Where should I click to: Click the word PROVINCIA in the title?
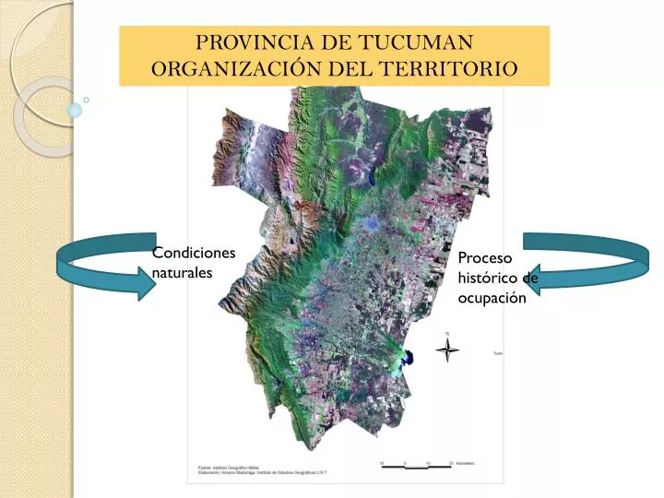(x=243, y=43)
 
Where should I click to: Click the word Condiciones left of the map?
(x=194, y=254)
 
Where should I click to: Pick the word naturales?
(x=182, y=273)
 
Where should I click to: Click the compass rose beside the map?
(x=448, y=350)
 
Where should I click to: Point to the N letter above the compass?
(x=448, y=333)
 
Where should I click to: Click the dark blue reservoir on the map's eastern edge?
(x=407, y=358)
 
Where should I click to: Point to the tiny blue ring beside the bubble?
(x=86, y=99)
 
